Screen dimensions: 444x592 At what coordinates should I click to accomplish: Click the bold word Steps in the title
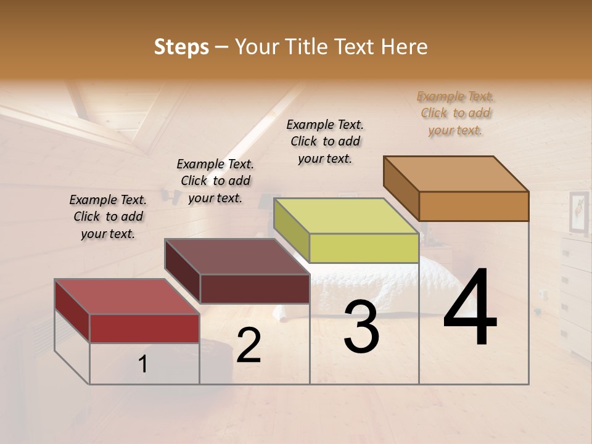181,47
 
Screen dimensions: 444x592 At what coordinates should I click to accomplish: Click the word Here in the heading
405,47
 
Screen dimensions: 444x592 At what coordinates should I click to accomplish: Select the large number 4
470,308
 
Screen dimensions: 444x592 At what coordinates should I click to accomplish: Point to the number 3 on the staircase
361,327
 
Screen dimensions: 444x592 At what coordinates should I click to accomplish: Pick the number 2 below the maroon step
249,346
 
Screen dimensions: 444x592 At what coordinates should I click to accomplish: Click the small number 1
143,364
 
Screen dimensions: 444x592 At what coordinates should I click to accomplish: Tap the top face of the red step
126,297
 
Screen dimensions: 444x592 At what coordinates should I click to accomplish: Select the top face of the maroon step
237,257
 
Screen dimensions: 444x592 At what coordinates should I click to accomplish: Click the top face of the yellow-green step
346,216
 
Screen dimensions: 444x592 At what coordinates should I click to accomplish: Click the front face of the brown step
474,206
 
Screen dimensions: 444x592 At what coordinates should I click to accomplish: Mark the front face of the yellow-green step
364,249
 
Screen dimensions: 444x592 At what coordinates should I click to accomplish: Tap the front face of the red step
144,328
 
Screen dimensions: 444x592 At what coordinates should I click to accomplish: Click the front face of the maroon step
255,289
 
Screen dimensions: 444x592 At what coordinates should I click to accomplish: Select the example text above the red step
108,217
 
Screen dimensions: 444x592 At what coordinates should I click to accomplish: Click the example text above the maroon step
215,181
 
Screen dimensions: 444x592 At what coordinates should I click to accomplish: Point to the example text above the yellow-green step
325,142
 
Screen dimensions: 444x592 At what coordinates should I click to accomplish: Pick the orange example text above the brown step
456,113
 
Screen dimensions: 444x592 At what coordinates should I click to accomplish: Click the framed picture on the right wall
578,213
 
